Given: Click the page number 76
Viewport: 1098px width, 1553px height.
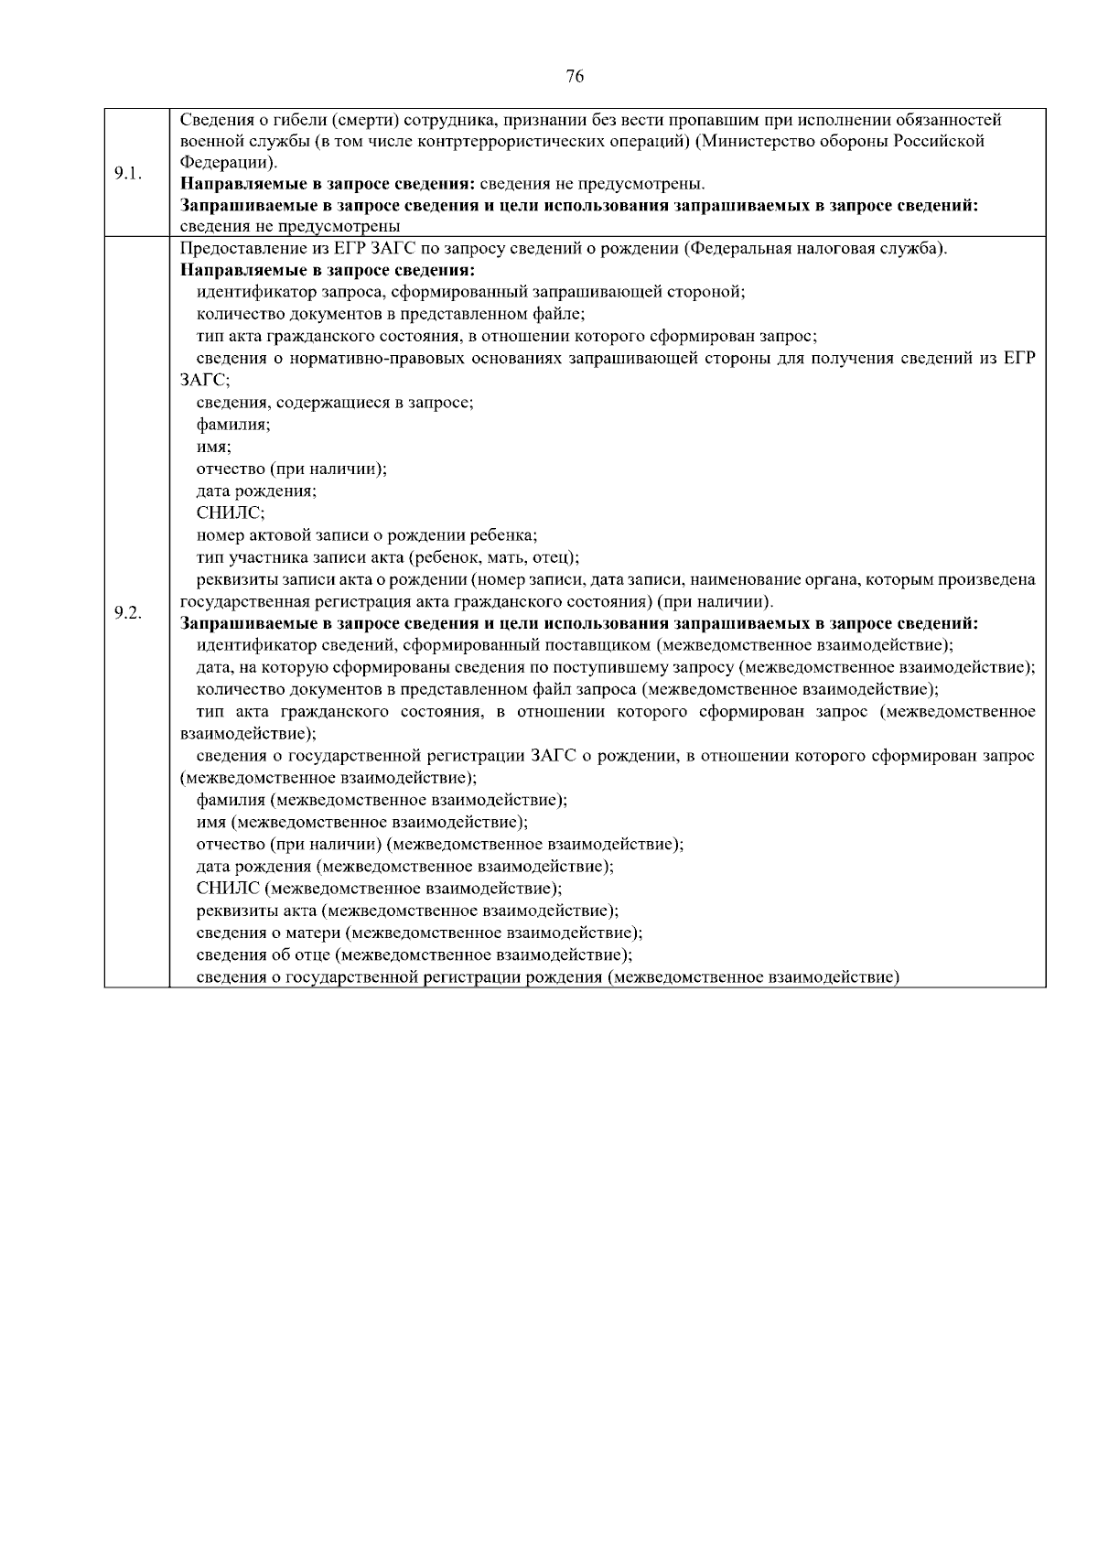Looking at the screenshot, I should point(575,77).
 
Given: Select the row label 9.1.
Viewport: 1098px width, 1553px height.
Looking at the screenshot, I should point(127,173).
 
